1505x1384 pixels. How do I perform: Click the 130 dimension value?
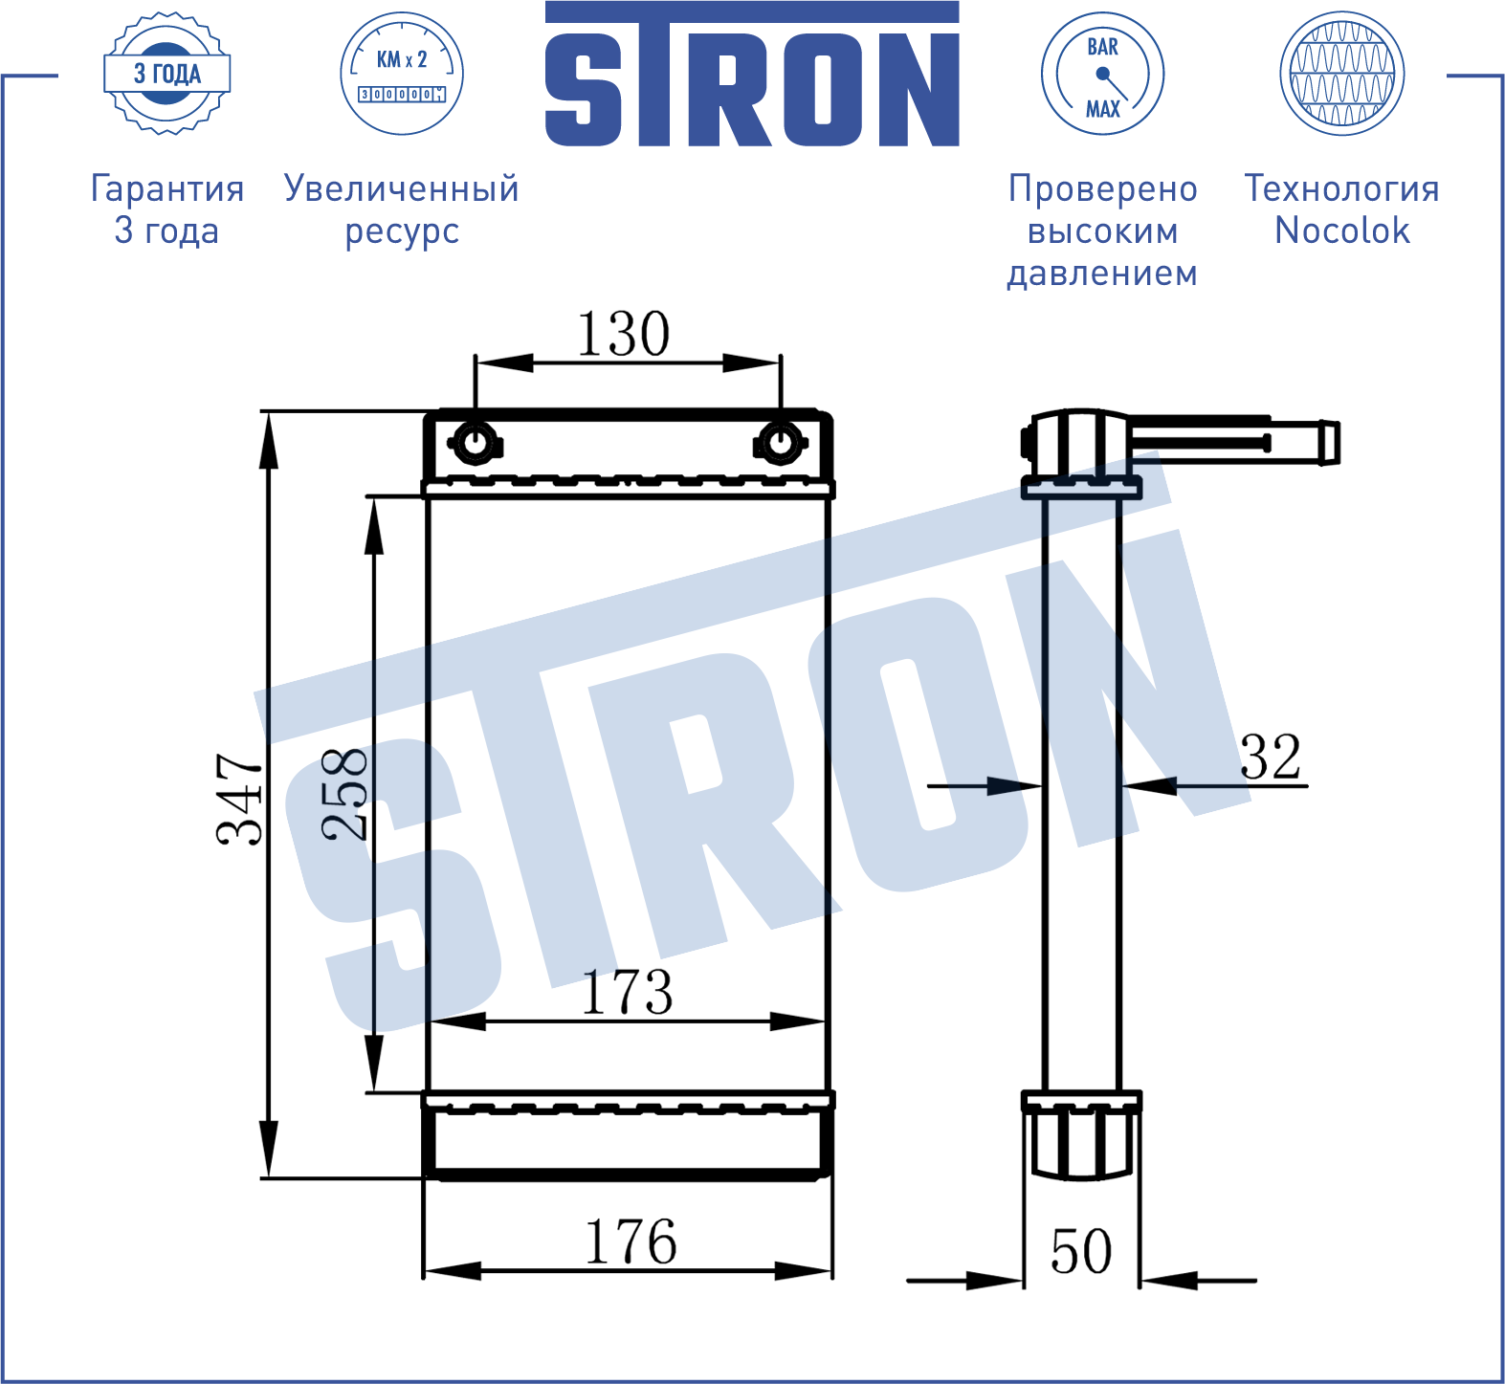point(623,334)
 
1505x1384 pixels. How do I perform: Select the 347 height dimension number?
point(239,799)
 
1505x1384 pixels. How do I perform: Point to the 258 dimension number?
point(344,795)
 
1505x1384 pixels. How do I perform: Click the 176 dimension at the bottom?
point(631,1241)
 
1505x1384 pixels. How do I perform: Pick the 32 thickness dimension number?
point(1272,758)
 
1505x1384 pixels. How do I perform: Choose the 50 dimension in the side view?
point(1081,1251)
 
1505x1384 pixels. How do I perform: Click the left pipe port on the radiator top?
point(475,443)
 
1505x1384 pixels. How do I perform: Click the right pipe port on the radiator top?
point(781,443)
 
